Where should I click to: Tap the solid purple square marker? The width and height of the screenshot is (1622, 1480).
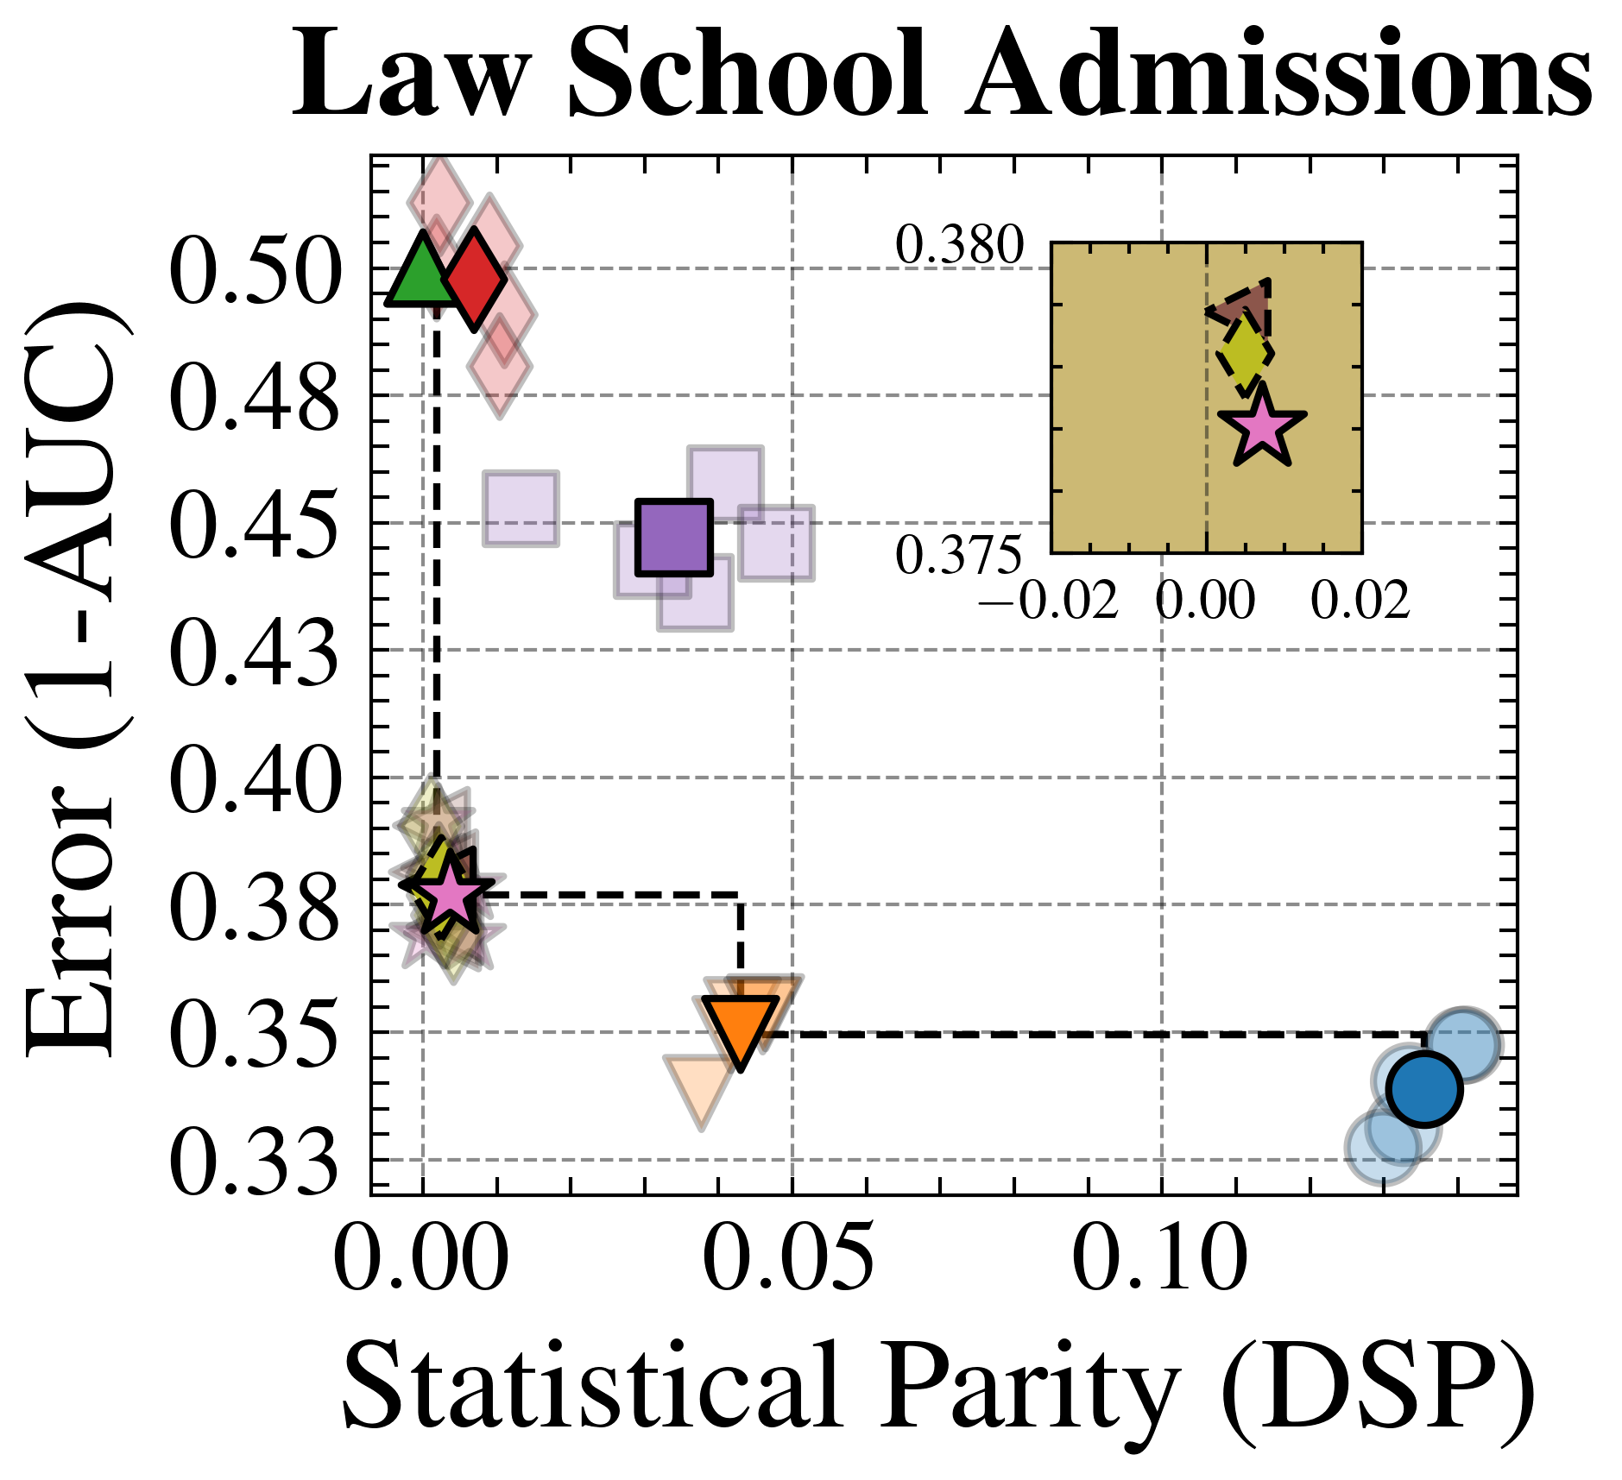click(x=674, y=537)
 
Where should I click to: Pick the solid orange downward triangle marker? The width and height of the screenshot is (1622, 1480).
click(x=741, y=1030)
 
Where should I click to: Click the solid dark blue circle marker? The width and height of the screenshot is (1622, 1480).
click(x=1424, y=1089)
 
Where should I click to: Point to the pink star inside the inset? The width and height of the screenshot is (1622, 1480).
click(x=1261, y=427)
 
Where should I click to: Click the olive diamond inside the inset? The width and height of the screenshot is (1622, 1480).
click(x=1245, y=354)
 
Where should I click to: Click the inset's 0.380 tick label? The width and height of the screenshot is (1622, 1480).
click(x=959, y=246)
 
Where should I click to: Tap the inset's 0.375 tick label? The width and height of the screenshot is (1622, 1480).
click(x=959, y=555)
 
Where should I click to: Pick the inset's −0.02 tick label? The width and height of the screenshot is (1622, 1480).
click(x=1049, y=601)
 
